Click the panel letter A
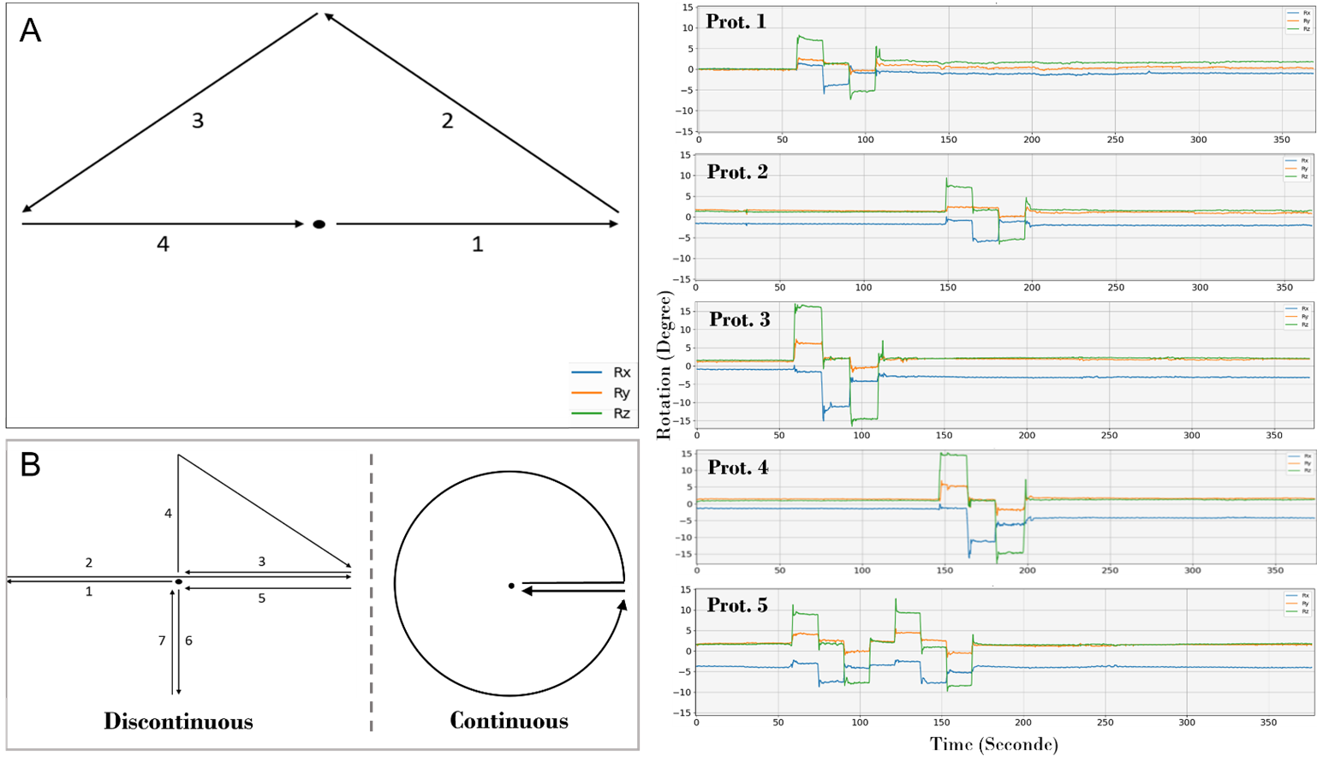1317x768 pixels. (30, 31)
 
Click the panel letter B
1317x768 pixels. (30, 465)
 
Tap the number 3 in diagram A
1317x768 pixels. (198, 122)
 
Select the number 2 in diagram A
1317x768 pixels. (447, 122)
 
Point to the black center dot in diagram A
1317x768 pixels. (319, 224)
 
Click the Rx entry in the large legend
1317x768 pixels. (622, 372)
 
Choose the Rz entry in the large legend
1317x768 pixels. (622, 414)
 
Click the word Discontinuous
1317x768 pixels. (178, 722)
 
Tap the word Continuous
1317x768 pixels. (509, 722)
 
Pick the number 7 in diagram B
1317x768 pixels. (162, 640)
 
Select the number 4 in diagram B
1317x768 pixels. (168, 514)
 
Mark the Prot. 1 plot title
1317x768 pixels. (736, 22)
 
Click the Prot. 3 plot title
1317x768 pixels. (739, 320)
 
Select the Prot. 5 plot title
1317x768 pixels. (737, 606)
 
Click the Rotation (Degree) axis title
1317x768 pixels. (664, 366)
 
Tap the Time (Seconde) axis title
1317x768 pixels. (994, 745)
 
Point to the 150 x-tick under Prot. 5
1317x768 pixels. (941, 723)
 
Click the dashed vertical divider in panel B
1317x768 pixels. (371, 591)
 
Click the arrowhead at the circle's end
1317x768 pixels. (623, 604)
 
